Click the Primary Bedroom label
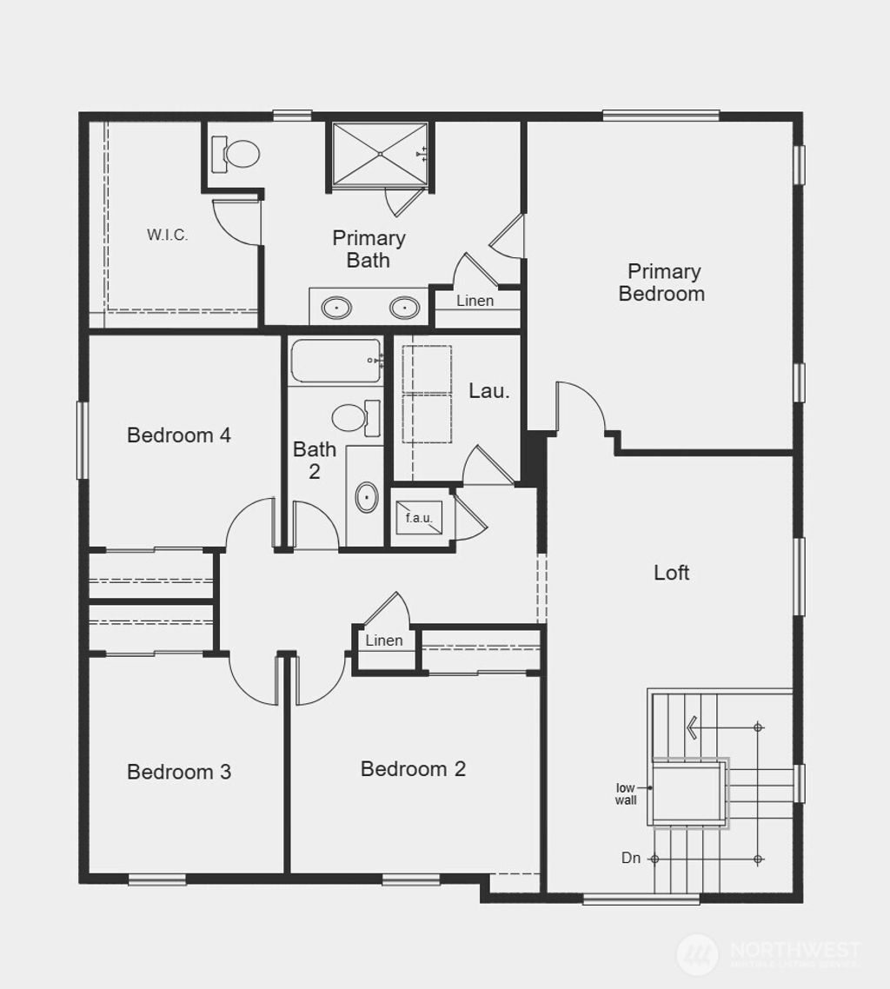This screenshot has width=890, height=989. coord(662,282)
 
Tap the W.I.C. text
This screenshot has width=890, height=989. coord(167,235)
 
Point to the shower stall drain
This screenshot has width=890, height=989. coord(381,154)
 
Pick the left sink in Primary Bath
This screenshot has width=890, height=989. coord(336,307)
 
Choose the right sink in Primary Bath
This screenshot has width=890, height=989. coord(403,307)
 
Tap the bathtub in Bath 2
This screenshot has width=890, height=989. coord(335,360)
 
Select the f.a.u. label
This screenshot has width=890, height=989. coord(419,518)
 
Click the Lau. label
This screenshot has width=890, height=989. coord(489,391)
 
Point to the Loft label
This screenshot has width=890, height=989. coord(672,572)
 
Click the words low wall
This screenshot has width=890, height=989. coord(627,793)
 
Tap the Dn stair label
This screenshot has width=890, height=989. coord(631,859)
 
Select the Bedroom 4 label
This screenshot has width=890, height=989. coord(179,435)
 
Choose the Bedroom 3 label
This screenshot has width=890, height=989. coord(179,772)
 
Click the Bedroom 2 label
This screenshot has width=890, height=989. coord(413,768)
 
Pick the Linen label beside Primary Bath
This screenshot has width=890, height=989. coord(475,301)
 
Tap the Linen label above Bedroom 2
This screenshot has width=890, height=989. coord(384,641)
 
